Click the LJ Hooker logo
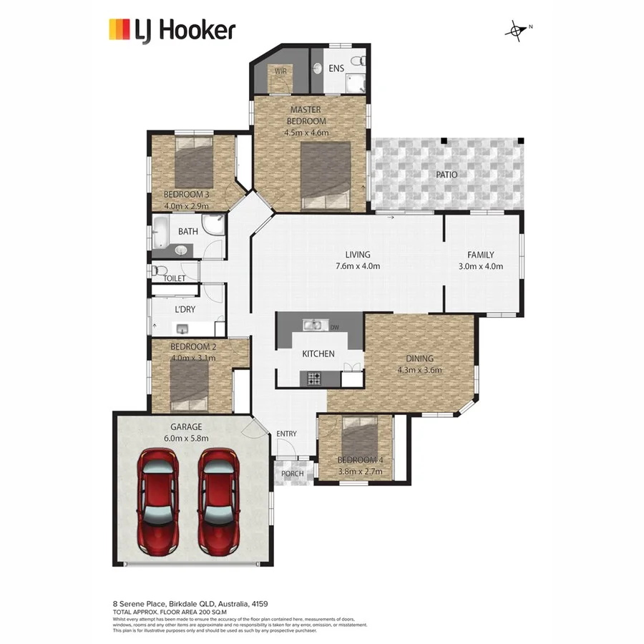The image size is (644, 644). point(171,30)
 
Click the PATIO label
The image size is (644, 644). point(447,175)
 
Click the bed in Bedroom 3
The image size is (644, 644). point(195,163)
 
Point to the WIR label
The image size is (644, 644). point(280,72)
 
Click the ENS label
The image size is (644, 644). point(336,69)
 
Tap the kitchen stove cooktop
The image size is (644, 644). point(314,377)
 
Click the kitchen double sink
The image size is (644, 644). point(311,326)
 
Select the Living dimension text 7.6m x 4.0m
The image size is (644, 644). point(357,266)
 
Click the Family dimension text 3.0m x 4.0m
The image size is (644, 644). point(480,266)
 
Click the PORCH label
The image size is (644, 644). point(291,474)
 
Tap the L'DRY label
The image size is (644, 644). point(185,310)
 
